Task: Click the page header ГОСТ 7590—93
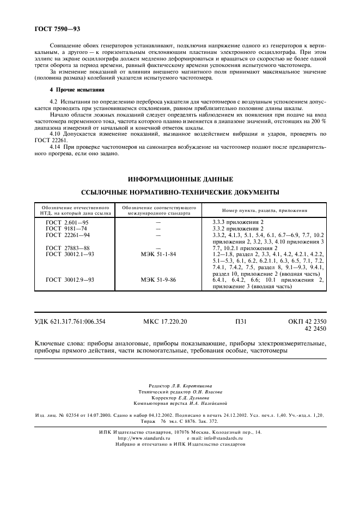tap(53, 27)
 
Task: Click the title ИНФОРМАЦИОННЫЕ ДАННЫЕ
tap(180, 179)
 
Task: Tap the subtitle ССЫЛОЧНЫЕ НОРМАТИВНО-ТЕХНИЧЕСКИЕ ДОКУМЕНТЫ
tap(180, 192)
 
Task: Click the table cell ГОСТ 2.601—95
tap(67, 223)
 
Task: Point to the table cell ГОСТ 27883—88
tap(68, 248)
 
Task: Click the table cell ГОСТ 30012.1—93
tap(70, 254)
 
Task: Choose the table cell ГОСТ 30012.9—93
tap(70, 280)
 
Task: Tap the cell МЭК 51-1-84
tap(158, 254)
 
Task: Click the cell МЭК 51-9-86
tap(158, 280)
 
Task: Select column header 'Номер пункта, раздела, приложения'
tap(265, 210)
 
